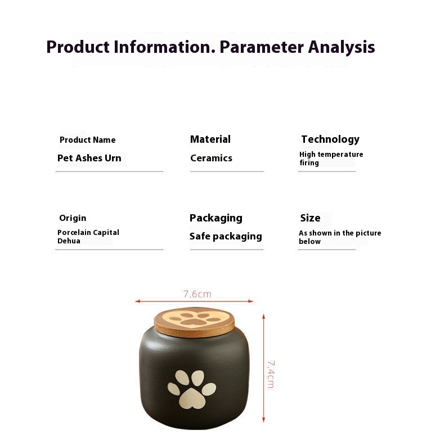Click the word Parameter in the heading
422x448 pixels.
coord(261,47)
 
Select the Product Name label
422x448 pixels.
coord(87,140)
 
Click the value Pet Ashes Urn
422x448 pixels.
coord(89,158)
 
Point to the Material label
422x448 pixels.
coord(210,139)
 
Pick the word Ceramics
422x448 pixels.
coord(212,158)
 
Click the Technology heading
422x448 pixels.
coord(330,139)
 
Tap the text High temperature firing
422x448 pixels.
coord(331,159)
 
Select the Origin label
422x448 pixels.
coord(73,218)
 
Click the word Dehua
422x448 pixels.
coord(69,241)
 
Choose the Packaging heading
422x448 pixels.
coord(216,218)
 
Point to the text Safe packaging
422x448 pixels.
coord(226,237)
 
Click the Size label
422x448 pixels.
coord(310,218)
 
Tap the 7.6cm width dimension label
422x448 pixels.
coord(197,294)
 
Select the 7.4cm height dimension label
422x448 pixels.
coord(271,374)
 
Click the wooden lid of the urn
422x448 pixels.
coord(194,322)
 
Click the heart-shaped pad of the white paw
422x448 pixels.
coord(192,399)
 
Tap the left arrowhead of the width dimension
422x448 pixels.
coord(137,301)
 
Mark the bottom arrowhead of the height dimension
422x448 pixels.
coord(263,420)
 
